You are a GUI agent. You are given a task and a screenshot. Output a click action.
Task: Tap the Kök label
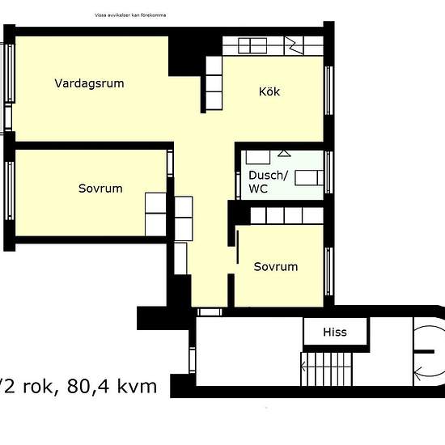[x=269, y=91]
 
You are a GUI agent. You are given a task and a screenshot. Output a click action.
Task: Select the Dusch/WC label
[x=268, y=182]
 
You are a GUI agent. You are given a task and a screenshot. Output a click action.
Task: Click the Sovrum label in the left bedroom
[x=100, y=189]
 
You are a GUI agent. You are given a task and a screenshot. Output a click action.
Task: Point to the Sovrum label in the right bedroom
[x=275, y=266]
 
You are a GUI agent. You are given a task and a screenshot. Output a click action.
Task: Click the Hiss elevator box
[x=335, y=332]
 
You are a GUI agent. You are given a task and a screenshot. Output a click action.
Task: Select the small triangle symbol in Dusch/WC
[x=283, y=152]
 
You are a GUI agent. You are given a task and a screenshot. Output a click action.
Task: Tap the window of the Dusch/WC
[x=328, y=172]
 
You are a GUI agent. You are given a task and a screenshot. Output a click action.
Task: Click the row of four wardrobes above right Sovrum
[x=287, y=215]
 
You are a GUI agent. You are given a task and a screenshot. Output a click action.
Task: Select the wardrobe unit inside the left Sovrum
[x=156, y=213]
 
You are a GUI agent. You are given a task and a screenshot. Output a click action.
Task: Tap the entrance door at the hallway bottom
[x=210, y=311]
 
